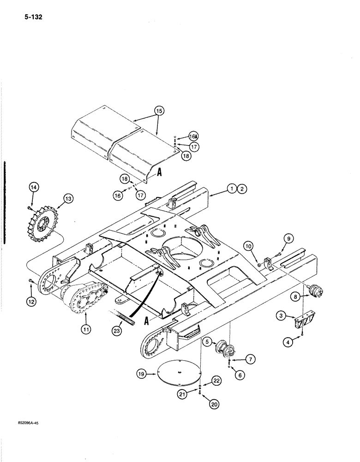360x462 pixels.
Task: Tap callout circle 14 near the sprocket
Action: [x=34, y=188]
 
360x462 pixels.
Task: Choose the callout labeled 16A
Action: [x=193, y=136]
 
